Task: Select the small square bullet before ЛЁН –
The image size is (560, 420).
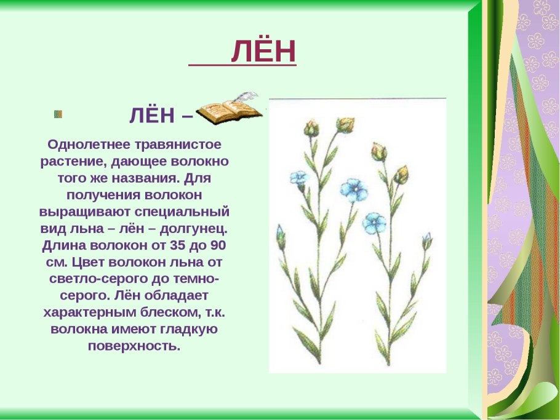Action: (58, 114)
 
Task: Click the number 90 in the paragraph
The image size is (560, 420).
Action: (216, 245)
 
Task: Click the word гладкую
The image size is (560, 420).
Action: (188, 329)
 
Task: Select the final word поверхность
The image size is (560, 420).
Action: (134, 346)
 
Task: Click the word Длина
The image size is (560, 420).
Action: (64, 245)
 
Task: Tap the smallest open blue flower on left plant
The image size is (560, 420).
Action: (298, 178)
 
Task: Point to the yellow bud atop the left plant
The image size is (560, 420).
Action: (346, 124)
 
